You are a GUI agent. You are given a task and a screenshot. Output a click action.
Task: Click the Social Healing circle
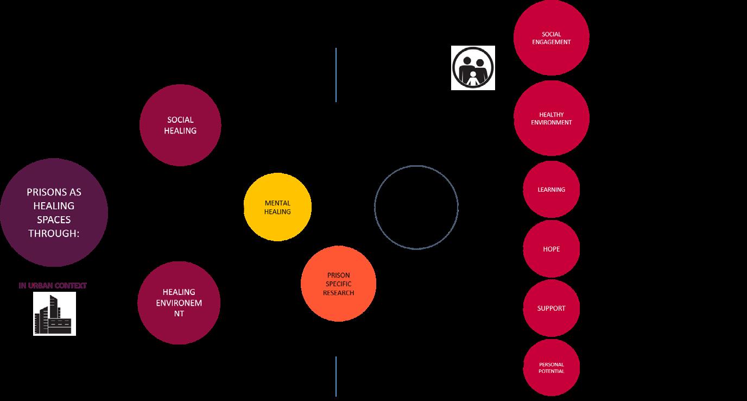(180, 125)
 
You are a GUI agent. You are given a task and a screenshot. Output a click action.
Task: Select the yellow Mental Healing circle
(277, 207)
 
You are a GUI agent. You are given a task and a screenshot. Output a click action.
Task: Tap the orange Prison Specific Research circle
(338, 284)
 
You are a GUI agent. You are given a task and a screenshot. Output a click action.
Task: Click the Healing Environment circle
(179, 303)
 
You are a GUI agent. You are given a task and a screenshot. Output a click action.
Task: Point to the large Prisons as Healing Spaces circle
(54, 212)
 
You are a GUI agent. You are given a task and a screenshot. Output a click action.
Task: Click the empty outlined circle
(416, 207)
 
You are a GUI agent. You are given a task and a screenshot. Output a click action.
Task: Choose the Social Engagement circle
(551, 37)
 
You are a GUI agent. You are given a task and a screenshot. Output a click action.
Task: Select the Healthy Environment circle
(551, 118)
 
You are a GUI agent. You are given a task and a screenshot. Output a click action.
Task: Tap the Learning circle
(551, 190)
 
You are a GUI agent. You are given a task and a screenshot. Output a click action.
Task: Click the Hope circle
(551, 249)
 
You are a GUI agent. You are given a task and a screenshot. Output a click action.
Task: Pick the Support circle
(551, 308)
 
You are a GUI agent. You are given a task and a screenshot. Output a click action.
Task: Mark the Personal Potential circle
(551, 368)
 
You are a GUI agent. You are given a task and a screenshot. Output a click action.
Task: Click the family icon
(473, 67)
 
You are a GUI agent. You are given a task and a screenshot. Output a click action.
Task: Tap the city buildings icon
(54, 314)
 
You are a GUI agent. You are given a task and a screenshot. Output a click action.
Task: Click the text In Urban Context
(53, 285)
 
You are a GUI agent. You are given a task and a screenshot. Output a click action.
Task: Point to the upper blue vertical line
(336, 74)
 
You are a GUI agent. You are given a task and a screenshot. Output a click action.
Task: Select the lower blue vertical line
(336, 376)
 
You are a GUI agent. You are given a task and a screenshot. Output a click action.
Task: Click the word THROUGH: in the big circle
(54, 234)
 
